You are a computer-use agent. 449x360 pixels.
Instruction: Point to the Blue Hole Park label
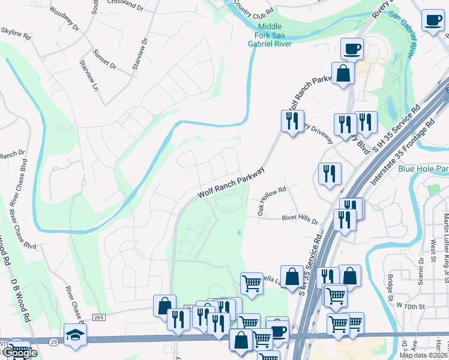(423, 169)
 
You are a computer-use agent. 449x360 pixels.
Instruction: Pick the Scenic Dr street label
(420, 269)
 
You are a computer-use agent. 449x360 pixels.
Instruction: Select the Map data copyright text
(423, 355)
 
